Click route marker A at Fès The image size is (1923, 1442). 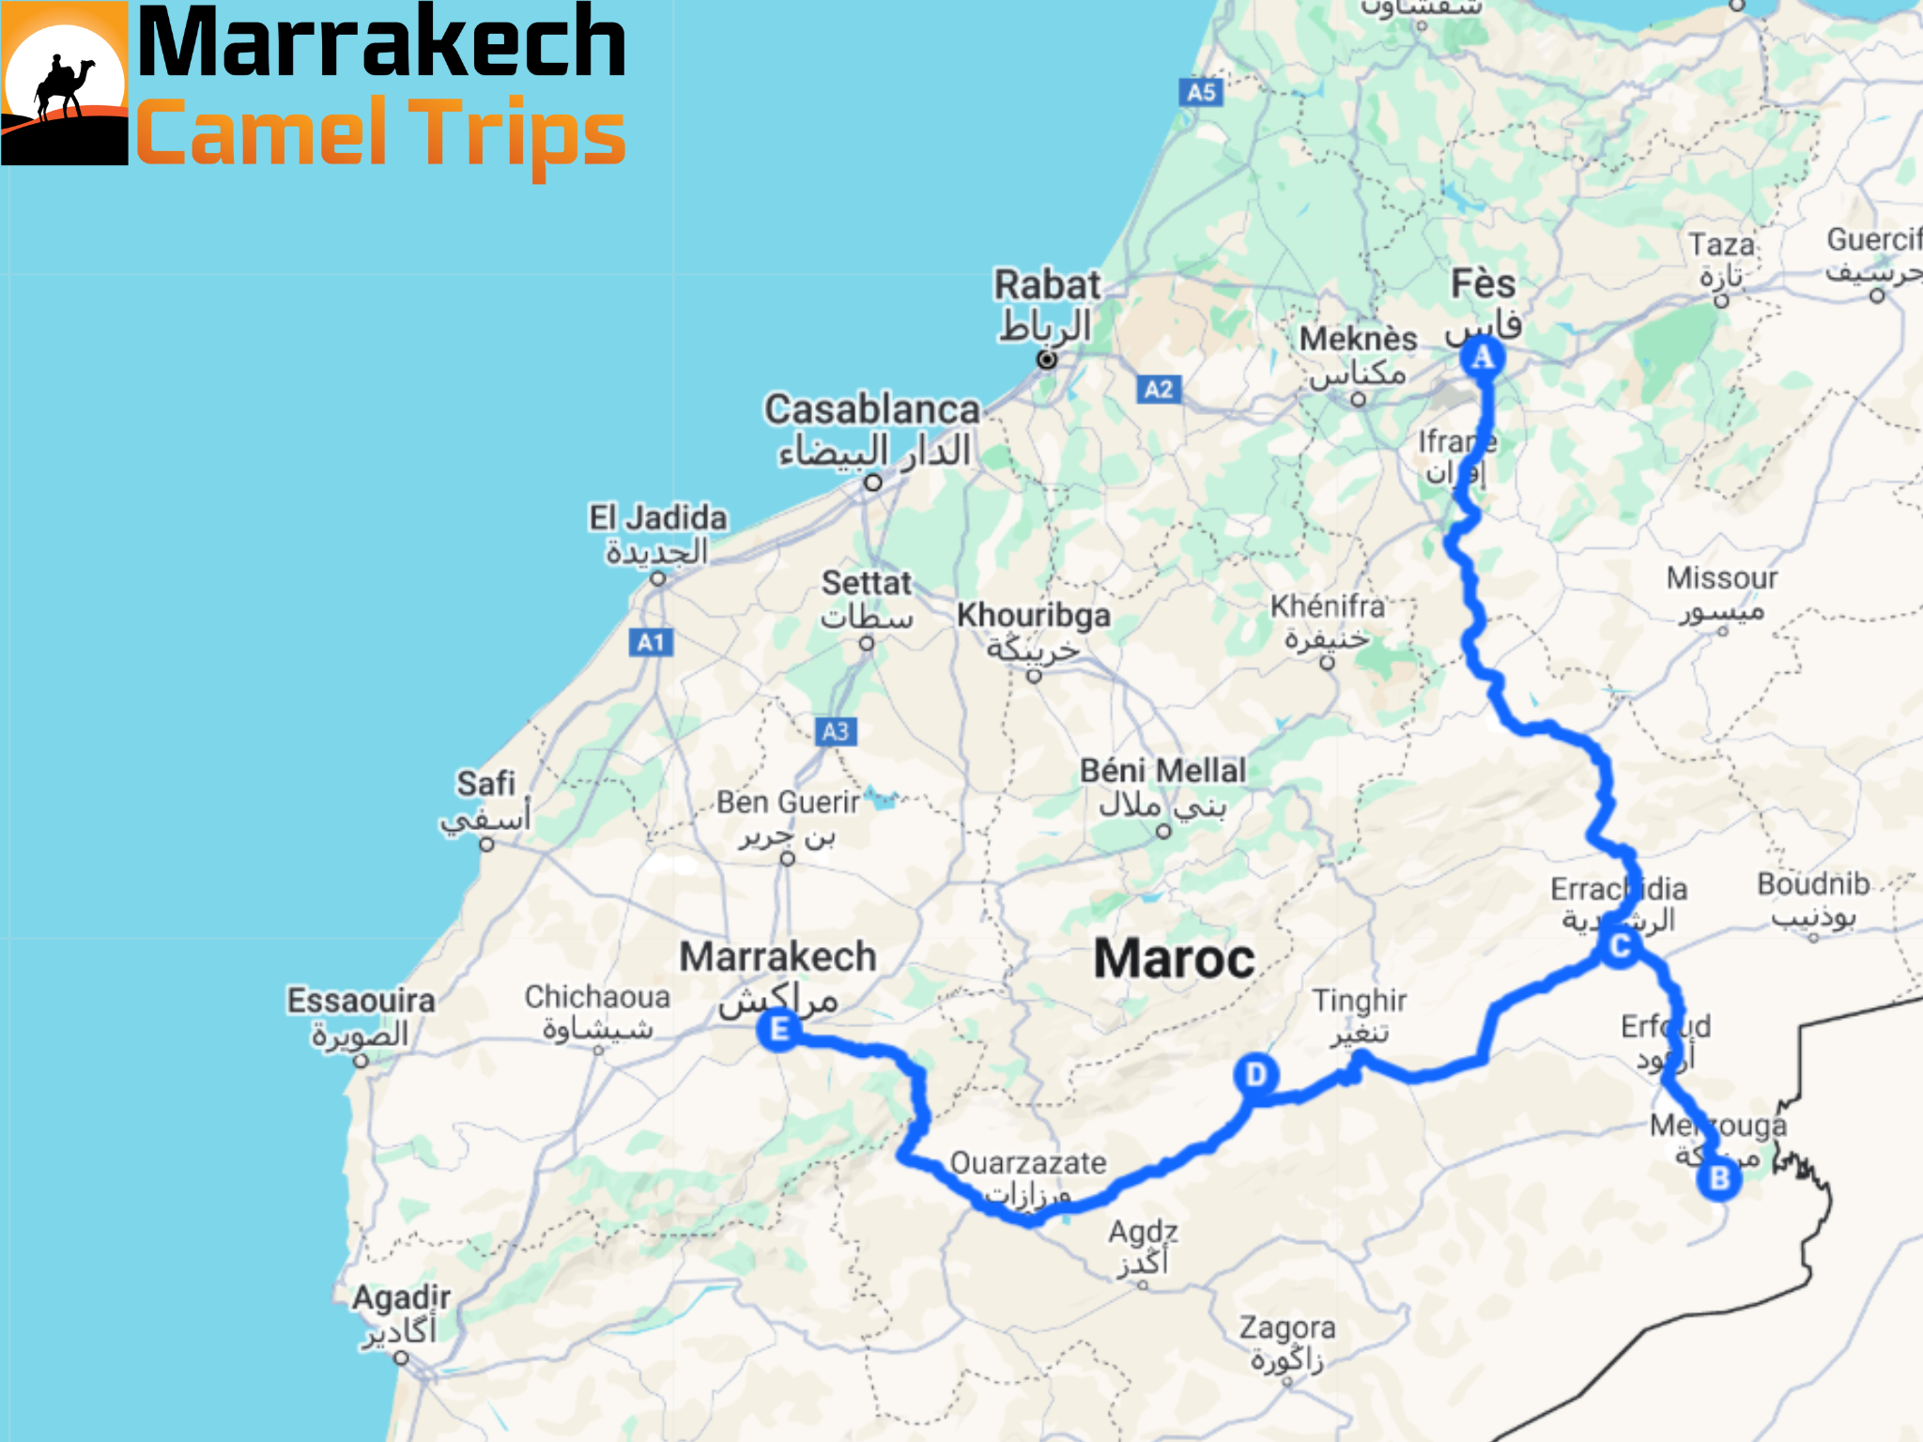click(x=1482, y=358)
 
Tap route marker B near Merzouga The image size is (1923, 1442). click(x=1719, y=1178)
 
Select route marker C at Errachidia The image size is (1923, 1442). click(x=1620, y=946)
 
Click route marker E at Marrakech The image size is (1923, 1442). click(x=778, y=1030)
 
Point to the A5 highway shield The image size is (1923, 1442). click(x=1201, y=92)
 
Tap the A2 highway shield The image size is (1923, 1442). click(x=1159, y=390)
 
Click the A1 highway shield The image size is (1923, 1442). click(x=651, y=642)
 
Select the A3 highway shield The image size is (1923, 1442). click(x=836, y=731)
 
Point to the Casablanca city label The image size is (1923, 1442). click(x=871, y=410)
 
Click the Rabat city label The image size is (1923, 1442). click(x=1047, y=285)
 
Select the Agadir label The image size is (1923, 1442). click(x=401, y=1298)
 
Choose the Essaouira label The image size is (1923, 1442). click(x=361, y=1001)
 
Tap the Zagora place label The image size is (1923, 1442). click(x=1286, y=1328)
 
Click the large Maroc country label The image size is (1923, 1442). click(x=1174, y=959)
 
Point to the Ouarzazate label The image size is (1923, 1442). click(x=1028, y=1163)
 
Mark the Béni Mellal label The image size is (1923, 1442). click(x=1162, y=772)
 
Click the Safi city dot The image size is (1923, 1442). click(x=486, y=844)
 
